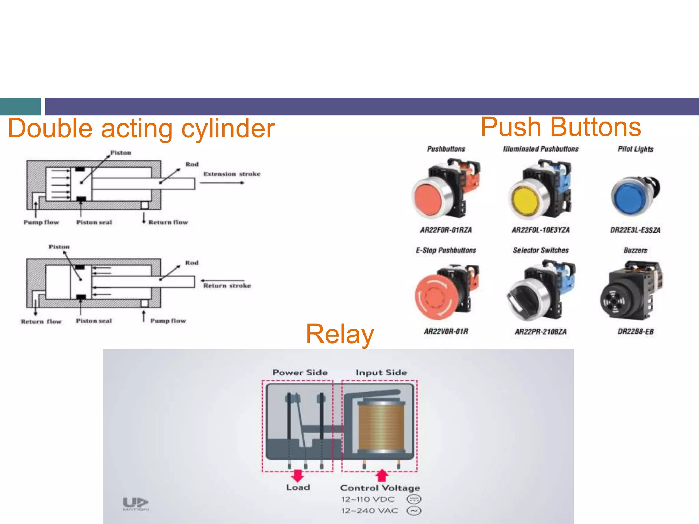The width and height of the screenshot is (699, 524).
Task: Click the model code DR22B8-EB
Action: tap(636, 332)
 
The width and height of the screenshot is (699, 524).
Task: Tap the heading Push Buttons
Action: tap(560, 127)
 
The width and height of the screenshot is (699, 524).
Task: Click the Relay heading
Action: tap(340, 334)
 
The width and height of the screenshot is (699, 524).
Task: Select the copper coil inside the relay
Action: tap(381, 425)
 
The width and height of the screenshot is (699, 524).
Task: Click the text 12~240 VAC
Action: tap(369, 511)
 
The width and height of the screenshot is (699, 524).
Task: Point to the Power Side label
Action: tap(300, 373)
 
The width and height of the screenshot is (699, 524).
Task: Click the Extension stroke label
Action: tap(232, 174)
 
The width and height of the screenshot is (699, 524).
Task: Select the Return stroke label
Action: tap(227, 286)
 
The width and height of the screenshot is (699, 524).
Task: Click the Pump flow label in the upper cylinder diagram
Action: tap(41, 222)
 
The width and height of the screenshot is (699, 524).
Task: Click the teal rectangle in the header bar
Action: tap(20, 106)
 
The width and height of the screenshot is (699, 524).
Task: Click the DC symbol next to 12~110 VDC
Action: tap(414, 499)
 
